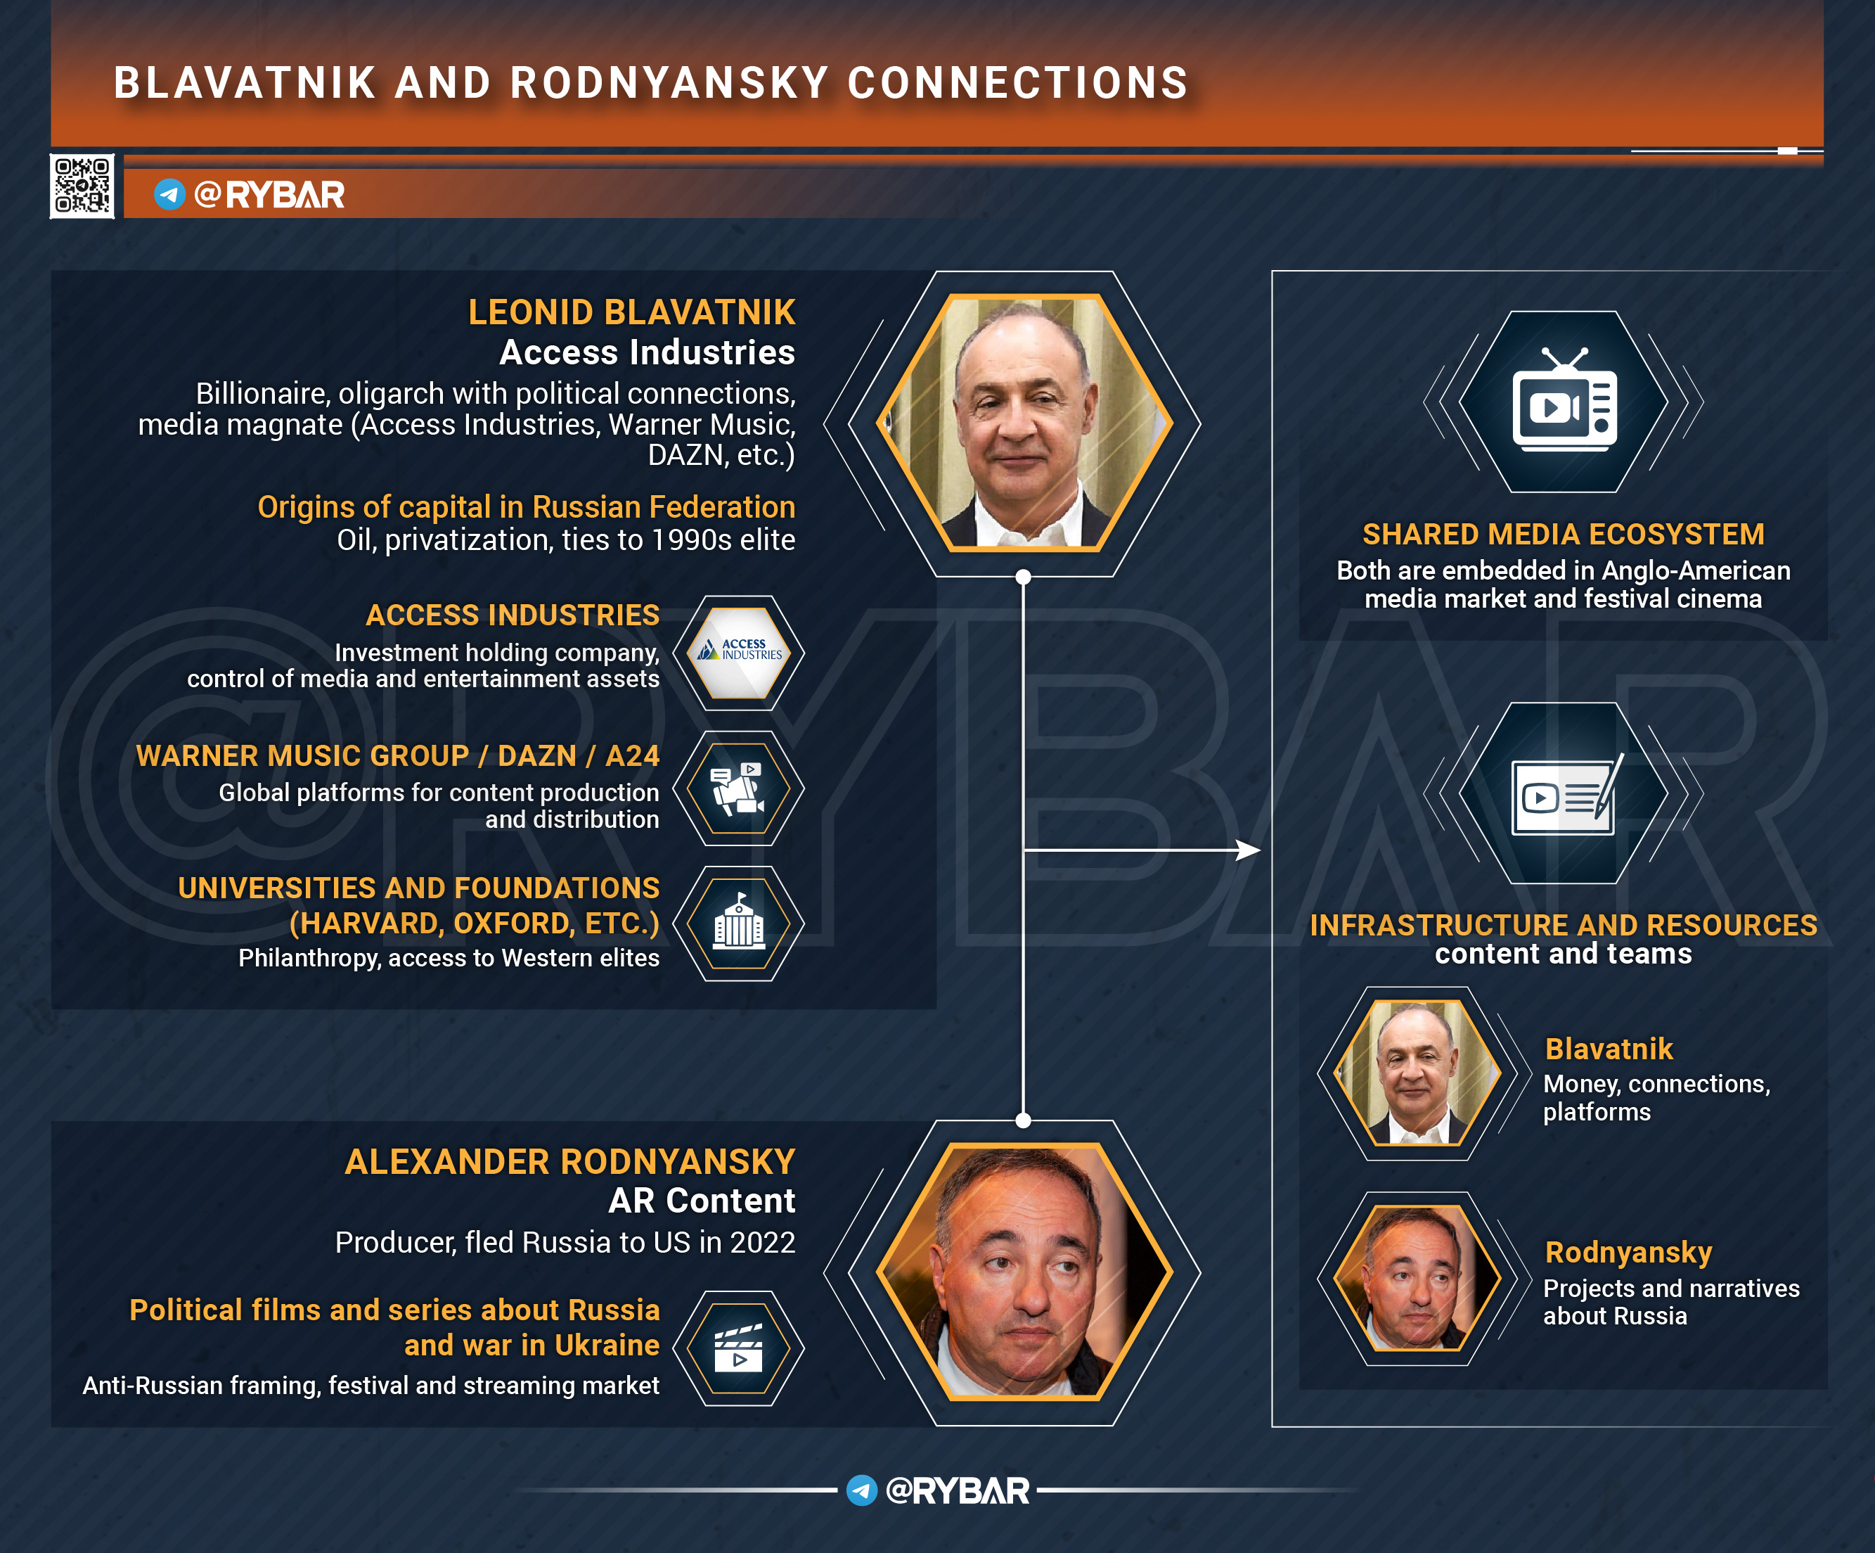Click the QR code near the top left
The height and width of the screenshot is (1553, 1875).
82,186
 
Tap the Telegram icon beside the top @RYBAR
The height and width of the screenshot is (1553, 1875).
169,194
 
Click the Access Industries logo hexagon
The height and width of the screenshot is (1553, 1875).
738,653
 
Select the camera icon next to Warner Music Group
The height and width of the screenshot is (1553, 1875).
738,788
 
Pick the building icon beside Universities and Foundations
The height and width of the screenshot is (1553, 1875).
738,923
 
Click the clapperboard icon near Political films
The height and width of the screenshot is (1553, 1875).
738,1348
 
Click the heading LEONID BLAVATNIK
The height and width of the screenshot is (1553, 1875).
631,312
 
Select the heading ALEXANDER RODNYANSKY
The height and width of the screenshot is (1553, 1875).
569,1162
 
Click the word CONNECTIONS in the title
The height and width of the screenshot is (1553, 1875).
1018,83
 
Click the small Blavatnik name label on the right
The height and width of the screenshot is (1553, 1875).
1609,1049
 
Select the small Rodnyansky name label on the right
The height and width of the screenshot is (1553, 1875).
1628,1253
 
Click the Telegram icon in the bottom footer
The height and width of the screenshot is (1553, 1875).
862,1490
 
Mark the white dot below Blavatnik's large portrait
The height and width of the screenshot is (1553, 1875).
1023,577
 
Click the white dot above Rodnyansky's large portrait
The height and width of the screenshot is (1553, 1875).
1023,1120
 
